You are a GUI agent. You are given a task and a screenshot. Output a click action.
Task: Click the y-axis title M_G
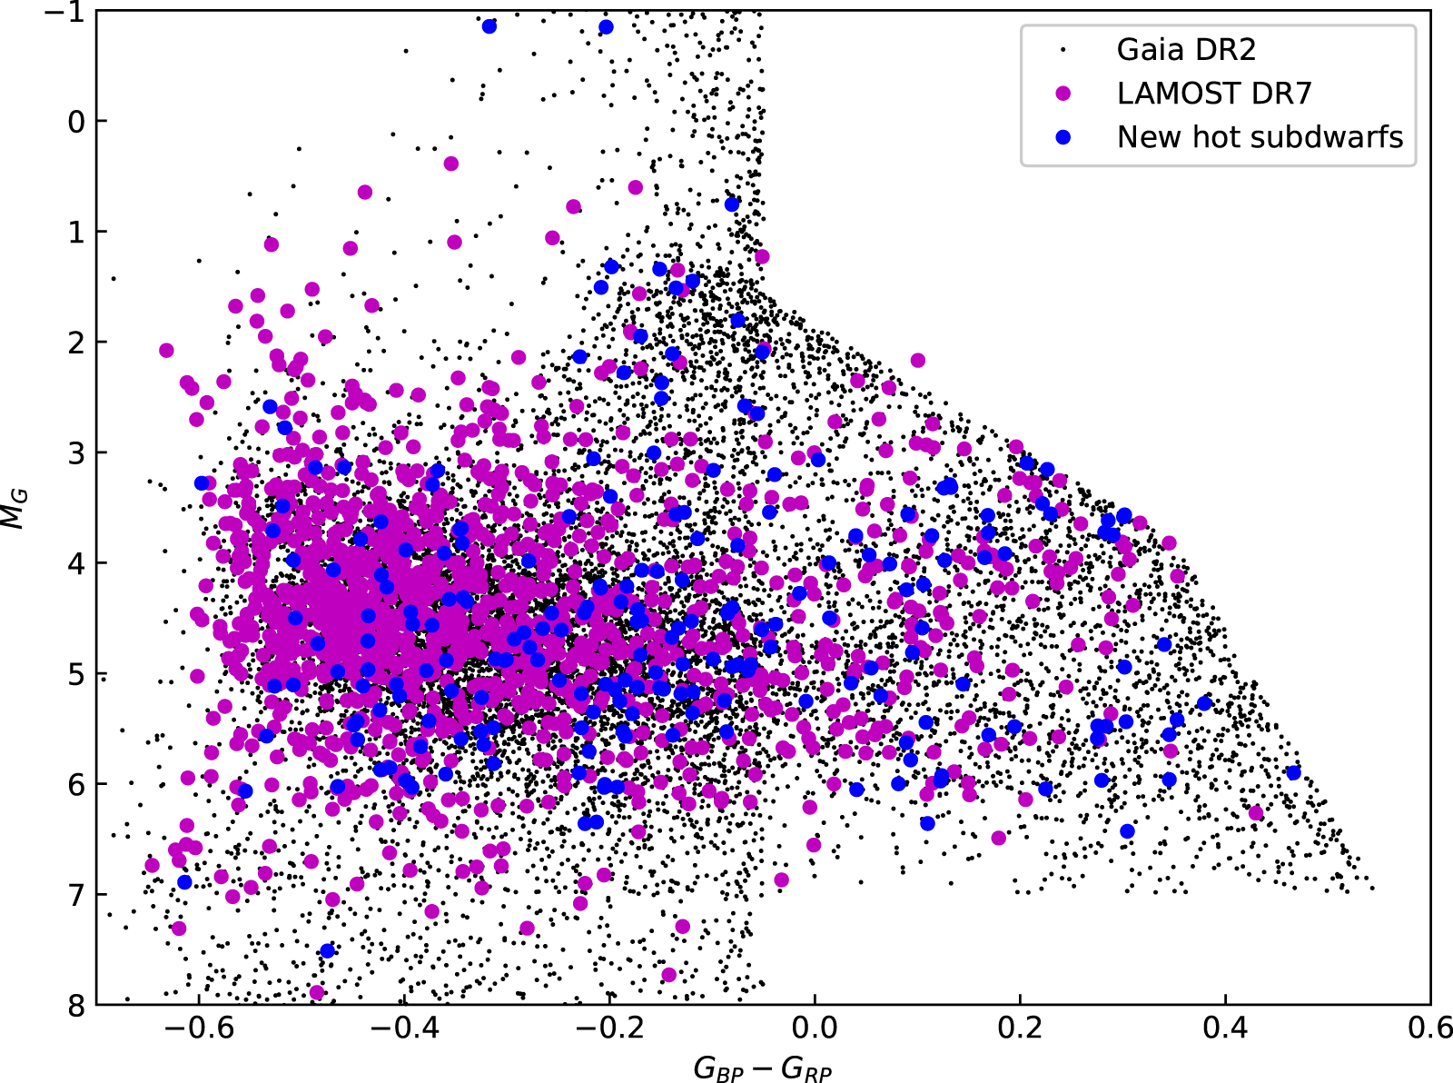coord(15,508)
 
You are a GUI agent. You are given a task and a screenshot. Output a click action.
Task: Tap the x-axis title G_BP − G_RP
coord(763,1068)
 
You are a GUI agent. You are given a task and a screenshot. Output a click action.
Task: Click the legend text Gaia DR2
coord(1186,50)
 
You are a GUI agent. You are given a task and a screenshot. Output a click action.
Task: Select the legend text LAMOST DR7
coord(1213,94)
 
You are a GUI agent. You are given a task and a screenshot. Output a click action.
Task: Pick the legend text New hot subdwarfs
coord(1260,137)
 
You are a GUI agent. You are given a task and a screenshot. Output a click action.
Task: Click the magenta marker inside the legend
coord(1063,94)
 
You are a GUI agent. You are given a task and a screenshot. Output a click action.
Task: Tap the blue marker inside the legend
coord(1063,137)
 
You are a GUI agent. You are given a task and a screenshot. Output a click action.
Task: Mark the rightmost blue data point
coord(1293,772)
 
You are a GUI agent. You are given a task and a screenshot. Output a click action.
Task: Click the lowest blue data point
coord(327,950)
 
